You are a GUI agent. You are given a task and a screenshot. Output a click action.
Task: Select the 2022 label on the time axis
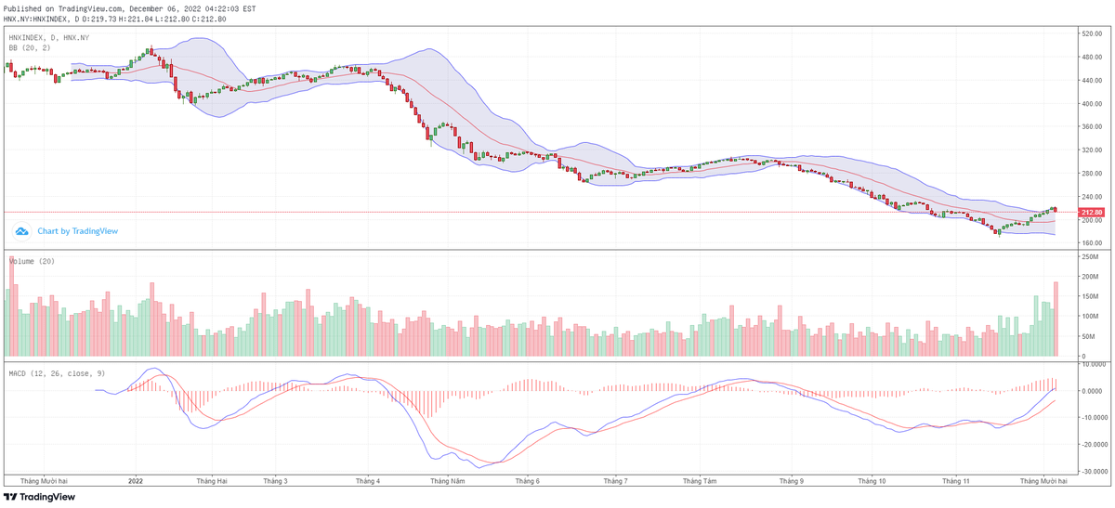pos(136,481)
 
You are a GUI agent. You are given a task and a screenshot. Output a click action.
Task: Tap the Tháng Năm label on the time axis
pos(447,481)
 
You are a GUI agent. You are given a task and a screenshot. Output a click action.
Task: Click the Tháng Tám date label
pos(699,481)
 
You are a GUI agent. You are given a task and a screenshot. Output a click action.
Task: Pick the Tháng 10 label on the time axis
pos(872,481)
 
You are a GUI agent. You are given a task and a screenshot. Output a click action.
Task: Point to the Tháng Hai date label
pos(213,481)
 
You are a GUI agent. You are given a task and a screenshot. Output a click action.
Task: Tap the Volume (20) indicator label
pos(32,261)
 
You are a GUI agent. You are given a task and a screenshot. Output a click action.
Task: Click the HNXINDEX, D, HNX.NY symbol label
pos(49,37)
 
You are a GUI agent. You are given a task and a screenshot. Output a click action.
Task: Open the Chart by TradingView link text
pos(77,231)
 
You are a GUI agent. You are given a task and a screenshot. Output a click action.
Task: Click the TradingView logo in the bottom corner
pos(40,497)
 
